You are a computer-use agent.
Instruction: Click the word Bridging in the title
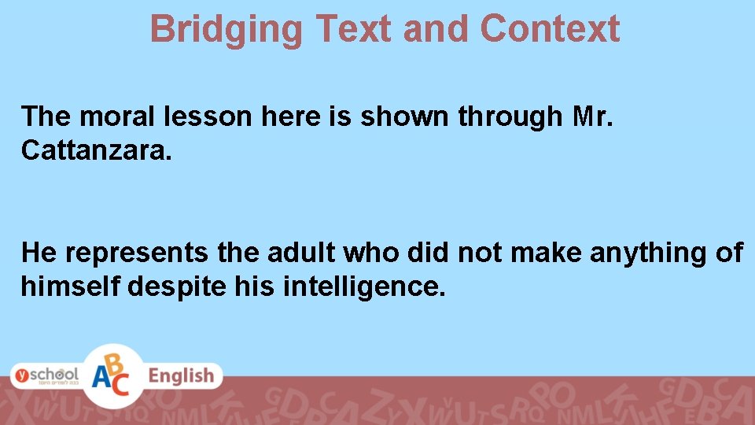point(226,29)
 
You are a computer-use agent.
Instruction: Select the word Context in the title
point(550,29)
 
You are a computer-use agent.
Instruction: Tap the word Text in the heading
point(352,29)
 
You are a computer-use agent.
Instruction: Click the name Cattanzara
point(95,150)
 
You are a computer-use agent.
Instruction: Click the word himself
point(70,286)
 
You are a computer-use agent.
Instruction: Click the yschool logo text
point(45,375)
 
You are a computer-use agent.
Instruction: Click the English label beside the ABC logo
point(182,376)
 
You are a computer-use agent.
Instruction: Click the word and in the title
point(436,29)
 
